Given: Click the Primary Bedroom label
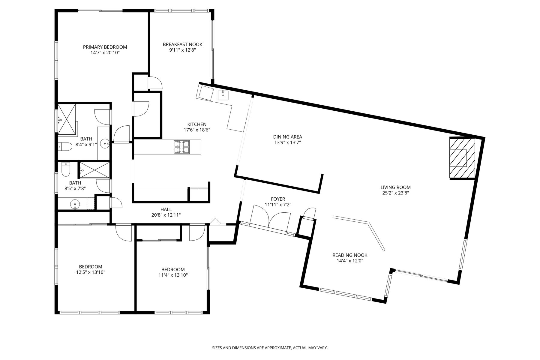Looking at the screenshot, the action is (x=105, y=47).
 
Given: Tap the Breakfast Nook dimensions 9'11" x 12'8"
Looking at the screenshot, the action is (x=182, y=50).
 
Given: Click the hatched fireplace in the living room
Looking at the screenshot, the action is (x=462, y=158).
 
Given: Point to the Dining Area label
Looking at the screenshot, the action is (x=287, y=137).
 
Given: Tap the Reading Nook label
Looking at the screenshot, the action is (x=350, y=255).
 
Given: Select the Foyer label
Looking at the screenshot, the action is (x=278, y=199).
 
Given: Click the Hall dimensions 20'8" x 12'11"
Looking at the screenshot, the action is (x=166, y=215).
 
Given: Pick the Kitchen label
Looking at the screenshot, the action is (x=197, y=124).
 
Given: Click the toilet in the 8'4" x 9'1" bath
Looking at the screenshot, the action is (x=64, y=146).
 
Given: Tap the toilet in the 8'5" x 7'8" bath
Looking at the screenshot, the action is (x=65, y=170).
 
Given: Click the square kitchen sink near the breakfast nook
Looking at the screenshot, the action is (x=223, y=95).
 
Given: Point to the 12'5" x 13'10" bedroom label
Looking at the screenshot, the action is (x=91, y=269).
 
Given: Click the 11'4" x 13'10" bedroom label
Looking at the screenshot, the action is (x=173, y=272).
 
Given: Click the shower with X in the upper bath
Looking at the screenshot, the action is (x=66, y=118).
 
